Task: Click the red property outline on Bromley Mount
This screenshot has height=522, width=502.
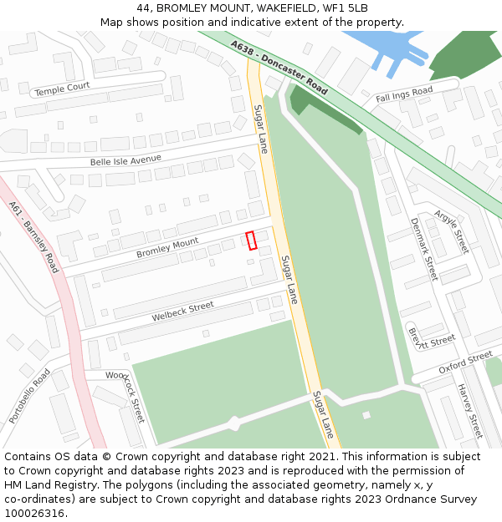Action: click(251, 241)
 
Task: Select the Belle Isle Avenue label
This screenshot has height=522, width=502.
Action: click(125, 160)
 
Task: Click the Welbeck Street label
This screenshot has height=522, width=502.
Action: click(183, 312)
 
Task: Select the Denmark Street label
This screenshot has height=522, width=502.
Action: click(423, 249)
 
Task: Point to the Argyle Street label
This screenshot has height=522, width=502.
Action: click(452, 231)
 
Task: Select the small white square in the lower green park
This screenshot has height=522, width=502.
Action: click(366, 415)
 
